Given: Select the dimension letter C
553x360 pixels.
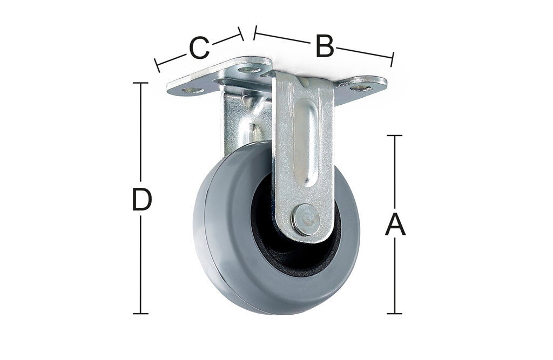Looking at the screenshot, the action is coord(200,48).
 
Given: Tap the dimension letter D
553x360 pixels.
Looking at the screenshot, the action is coord(141,200).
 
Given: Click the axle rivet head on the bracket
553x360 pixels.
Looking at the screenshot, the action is coord(306,220).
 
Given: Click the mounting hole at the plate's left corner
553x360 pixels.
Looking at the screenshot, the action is coord(193,90).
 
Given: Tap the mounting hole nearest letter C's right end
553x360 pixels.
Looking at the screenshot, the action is coord(249,69).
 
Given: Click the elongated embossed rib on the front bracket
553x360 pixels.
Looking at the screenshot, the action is coord(306,142).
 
